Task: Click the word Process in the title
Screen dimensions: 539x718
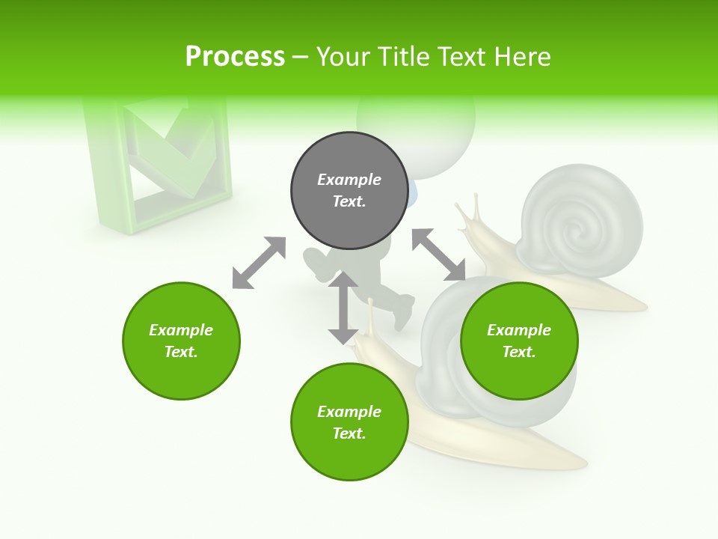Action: click(235, 57)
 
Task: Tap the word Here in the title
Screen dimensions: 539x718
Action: click(520, 57)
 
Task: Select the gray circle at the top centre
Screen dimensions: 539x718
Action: click(349, 190)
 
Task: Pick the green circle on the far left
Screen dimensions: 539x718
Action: click(181, 341)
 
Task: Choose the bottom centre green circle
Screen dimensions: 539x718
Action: click(349, 421)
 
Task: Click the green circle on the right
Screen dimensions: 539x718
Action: click(519, 341)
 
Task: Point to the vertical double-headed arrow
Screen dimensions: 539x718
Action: click(343, 308)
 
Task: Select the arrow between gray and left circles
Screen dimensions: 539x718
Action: click(259, 263)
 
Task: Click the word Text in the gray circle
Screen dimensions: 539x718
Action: click(349, 201)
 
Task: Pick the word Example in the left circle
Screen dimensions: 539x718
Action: click(181, 330)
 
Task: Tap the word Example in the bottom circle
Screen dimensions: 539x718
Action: click(349, 412)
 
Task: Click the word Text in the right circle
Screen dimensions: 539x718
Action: click(519, 352)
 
